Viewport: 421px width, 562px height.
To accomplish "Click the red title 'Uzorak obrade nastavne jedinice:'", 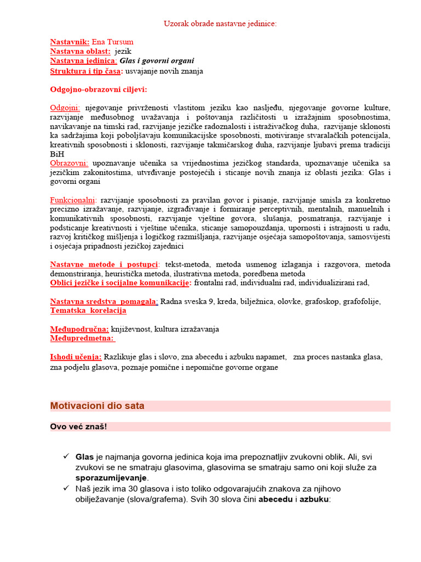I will [220, 24].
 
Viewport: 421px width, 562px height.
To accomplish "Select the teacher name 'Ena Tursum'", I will [112, 42].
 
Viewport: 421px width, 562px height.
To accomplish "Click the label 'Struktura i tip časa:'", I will [87, 71].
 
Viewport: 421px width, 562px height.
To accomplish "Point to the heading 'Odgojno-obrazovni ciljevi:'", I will [99, 89].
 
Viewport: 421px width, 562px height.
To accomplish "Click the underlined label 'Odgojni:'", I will [65, 108].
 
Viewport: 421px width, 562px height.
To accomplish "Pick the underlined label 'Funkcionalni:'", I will [73, 200].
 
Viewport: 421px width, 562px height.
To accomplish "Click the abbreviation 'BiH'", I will [56, 154].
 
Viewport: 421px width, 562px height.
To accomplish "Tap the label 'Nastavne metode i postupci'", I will [104, 265].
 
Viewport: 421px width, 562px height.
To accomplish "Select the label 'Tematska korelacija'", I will [88, 311].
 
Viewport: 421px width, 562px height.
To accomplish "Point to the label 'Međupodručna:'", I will [79, 329].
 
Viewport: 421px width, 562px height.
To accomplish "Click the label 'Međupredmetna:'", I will [83, 339].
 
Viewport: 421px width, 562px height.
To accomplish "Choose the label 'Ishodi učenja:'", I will [76, 357].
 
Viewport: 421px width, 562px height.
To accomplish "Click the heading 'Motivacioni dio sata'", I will [98, 406].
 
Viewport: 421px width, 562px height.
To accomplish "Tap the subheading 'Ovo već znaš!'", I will [78, 427].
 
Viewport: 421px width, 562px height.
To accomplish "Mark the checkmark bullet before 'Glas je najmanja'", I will [65, 457].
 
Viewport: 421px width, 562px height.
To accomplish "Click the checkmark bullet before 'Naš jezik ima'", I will [65, 488].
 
